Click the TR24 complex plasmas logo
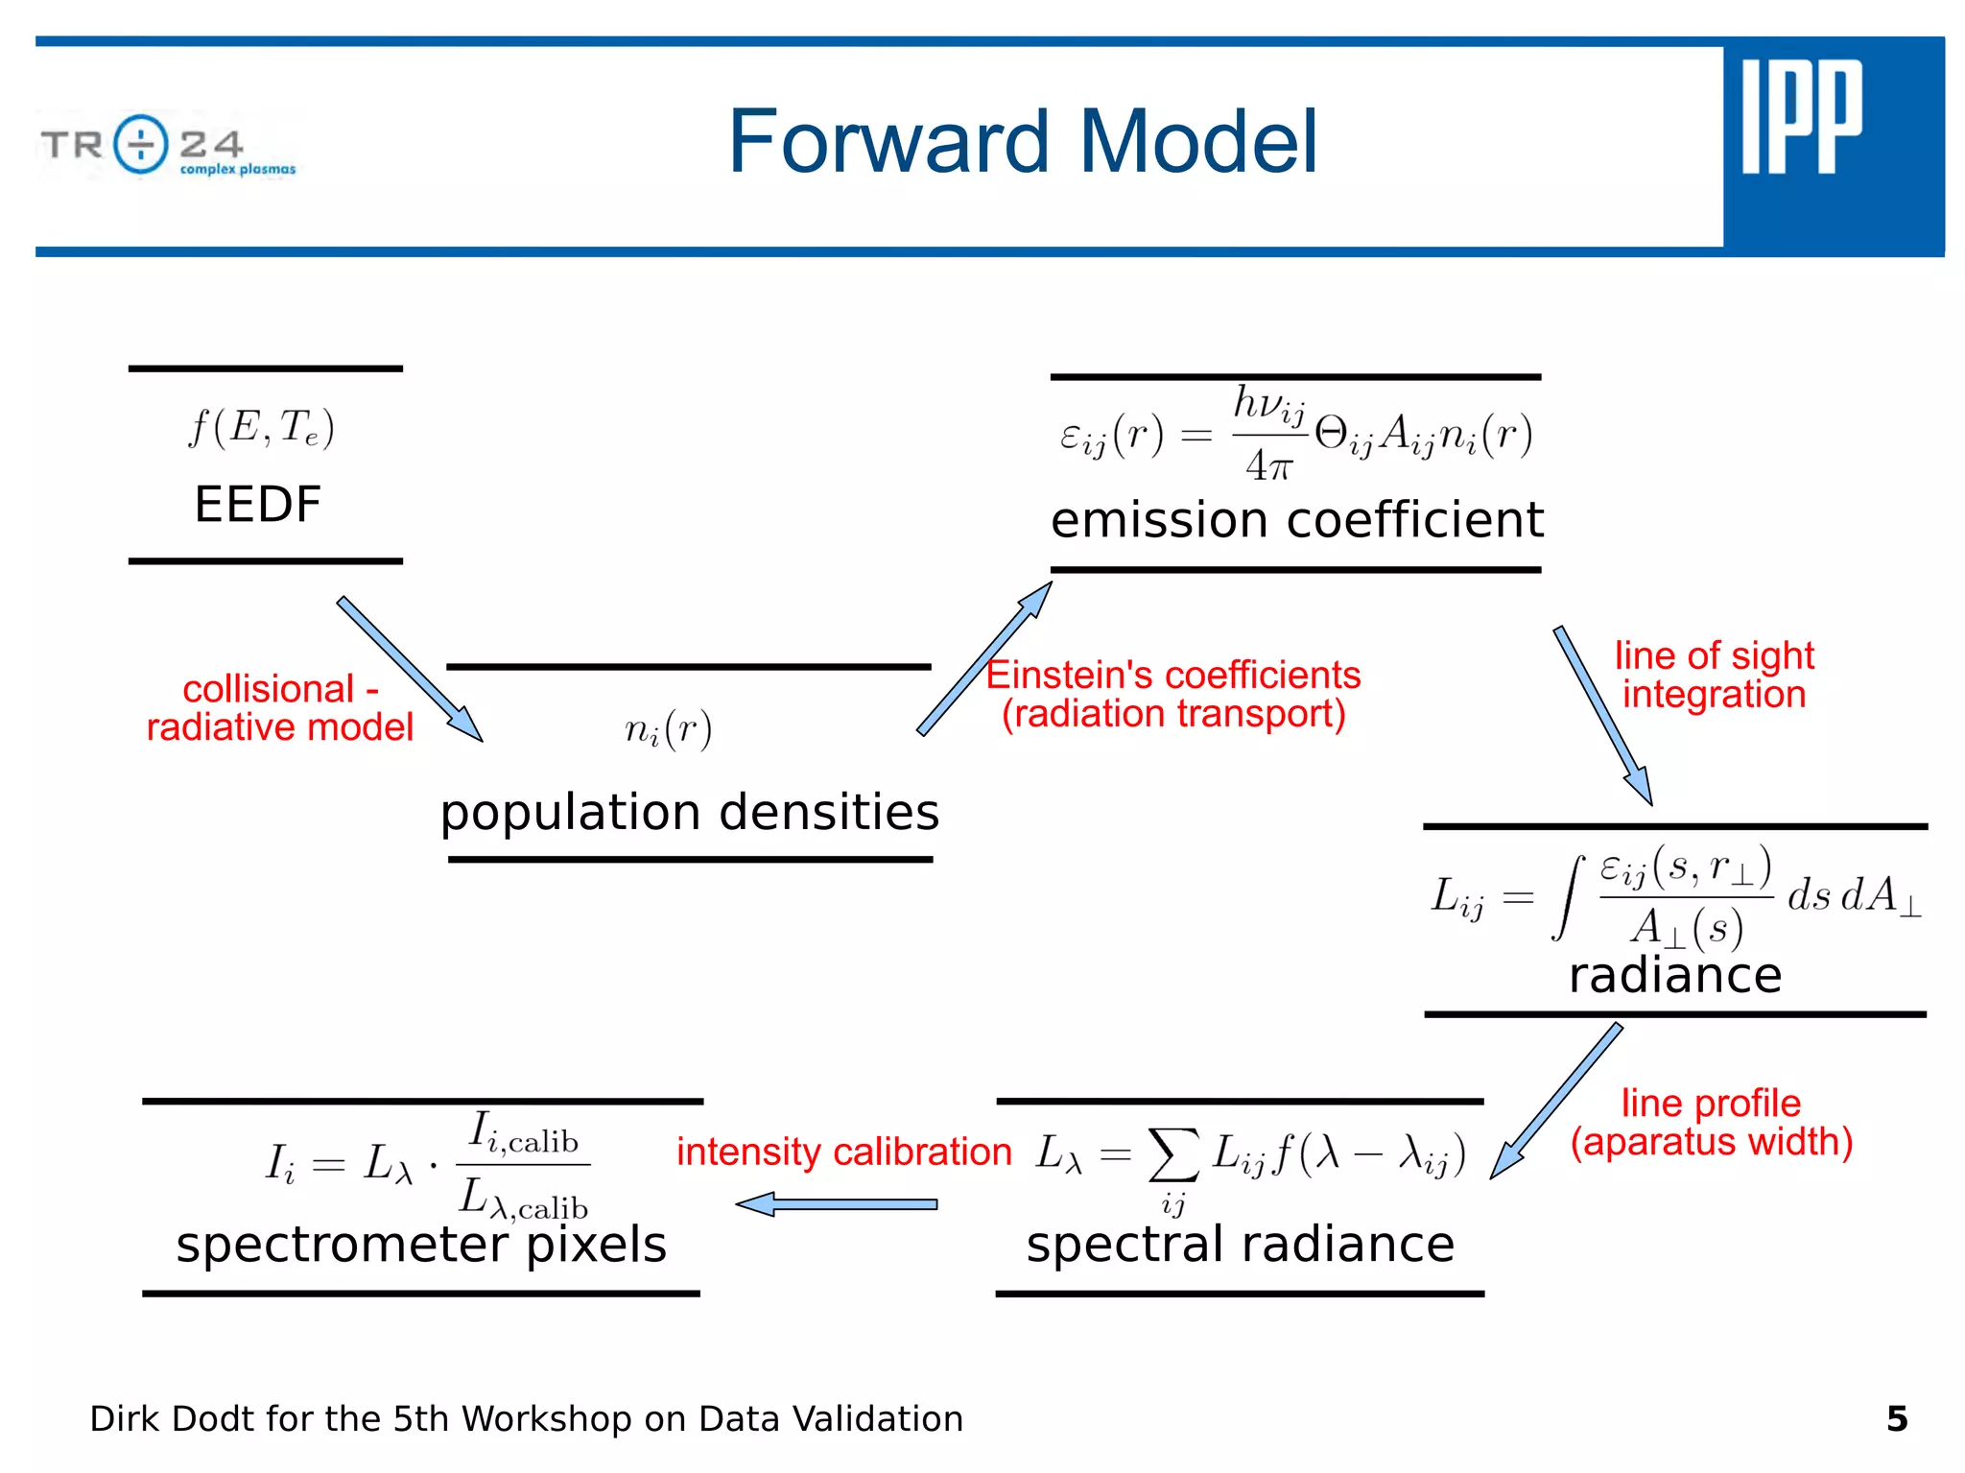169,147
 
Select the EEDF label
257,504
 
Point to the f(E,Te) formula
261,427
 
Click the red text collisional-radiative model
279,708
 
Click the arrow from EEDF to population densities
410,669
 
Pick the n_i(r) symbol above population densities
669,729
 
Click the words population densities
689,812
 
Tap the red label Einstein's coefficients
1172,676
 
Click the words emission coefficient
1296,520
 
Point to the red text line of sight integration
1714,675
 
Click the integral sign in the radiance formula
1568,898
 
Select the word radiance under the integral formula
1675,975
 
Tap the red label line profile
1711,1104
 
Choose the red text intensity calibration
843,1152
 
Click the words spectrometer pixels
420,1245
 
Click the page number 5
1896,1418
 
